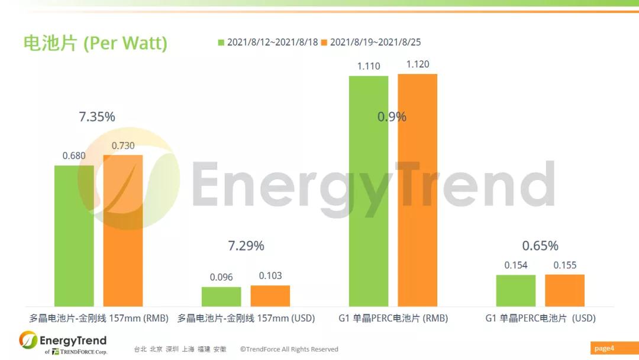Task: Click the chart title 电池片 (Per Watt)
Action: (95, 43)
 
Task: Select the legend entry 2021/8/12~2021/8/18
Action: (268, 43)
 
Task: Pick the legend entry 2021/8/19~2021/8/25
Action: (370, 43)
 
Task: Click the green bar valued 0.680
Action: (74, 236)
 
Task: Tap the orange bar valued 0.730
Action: (123, 230)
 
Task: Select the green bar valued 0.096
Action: (221, 296)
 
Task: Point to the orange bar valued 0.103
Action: (270, 295)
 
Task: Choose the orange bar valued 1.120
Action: (418, 190)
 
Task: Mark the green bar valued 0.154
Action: (516, 290)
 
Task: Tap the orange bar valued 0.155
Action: (565, 290)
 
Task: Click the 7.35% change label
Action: (97, 117)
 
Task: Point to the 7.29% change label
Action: (246, 245)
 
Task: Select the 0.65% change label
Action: (540, 245)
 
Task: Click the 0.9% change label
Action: (392, 117)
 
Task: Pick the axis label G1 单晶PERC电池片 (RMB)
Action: (393, 319)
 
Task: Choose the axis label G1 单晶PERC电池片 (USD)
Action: (540, 319)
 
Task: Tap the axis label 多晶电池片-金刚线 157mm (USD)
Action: (246, 319)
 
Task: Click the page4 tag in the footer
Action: (604, 348)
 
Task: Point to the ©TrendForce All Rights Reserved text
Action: (289, 349)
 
